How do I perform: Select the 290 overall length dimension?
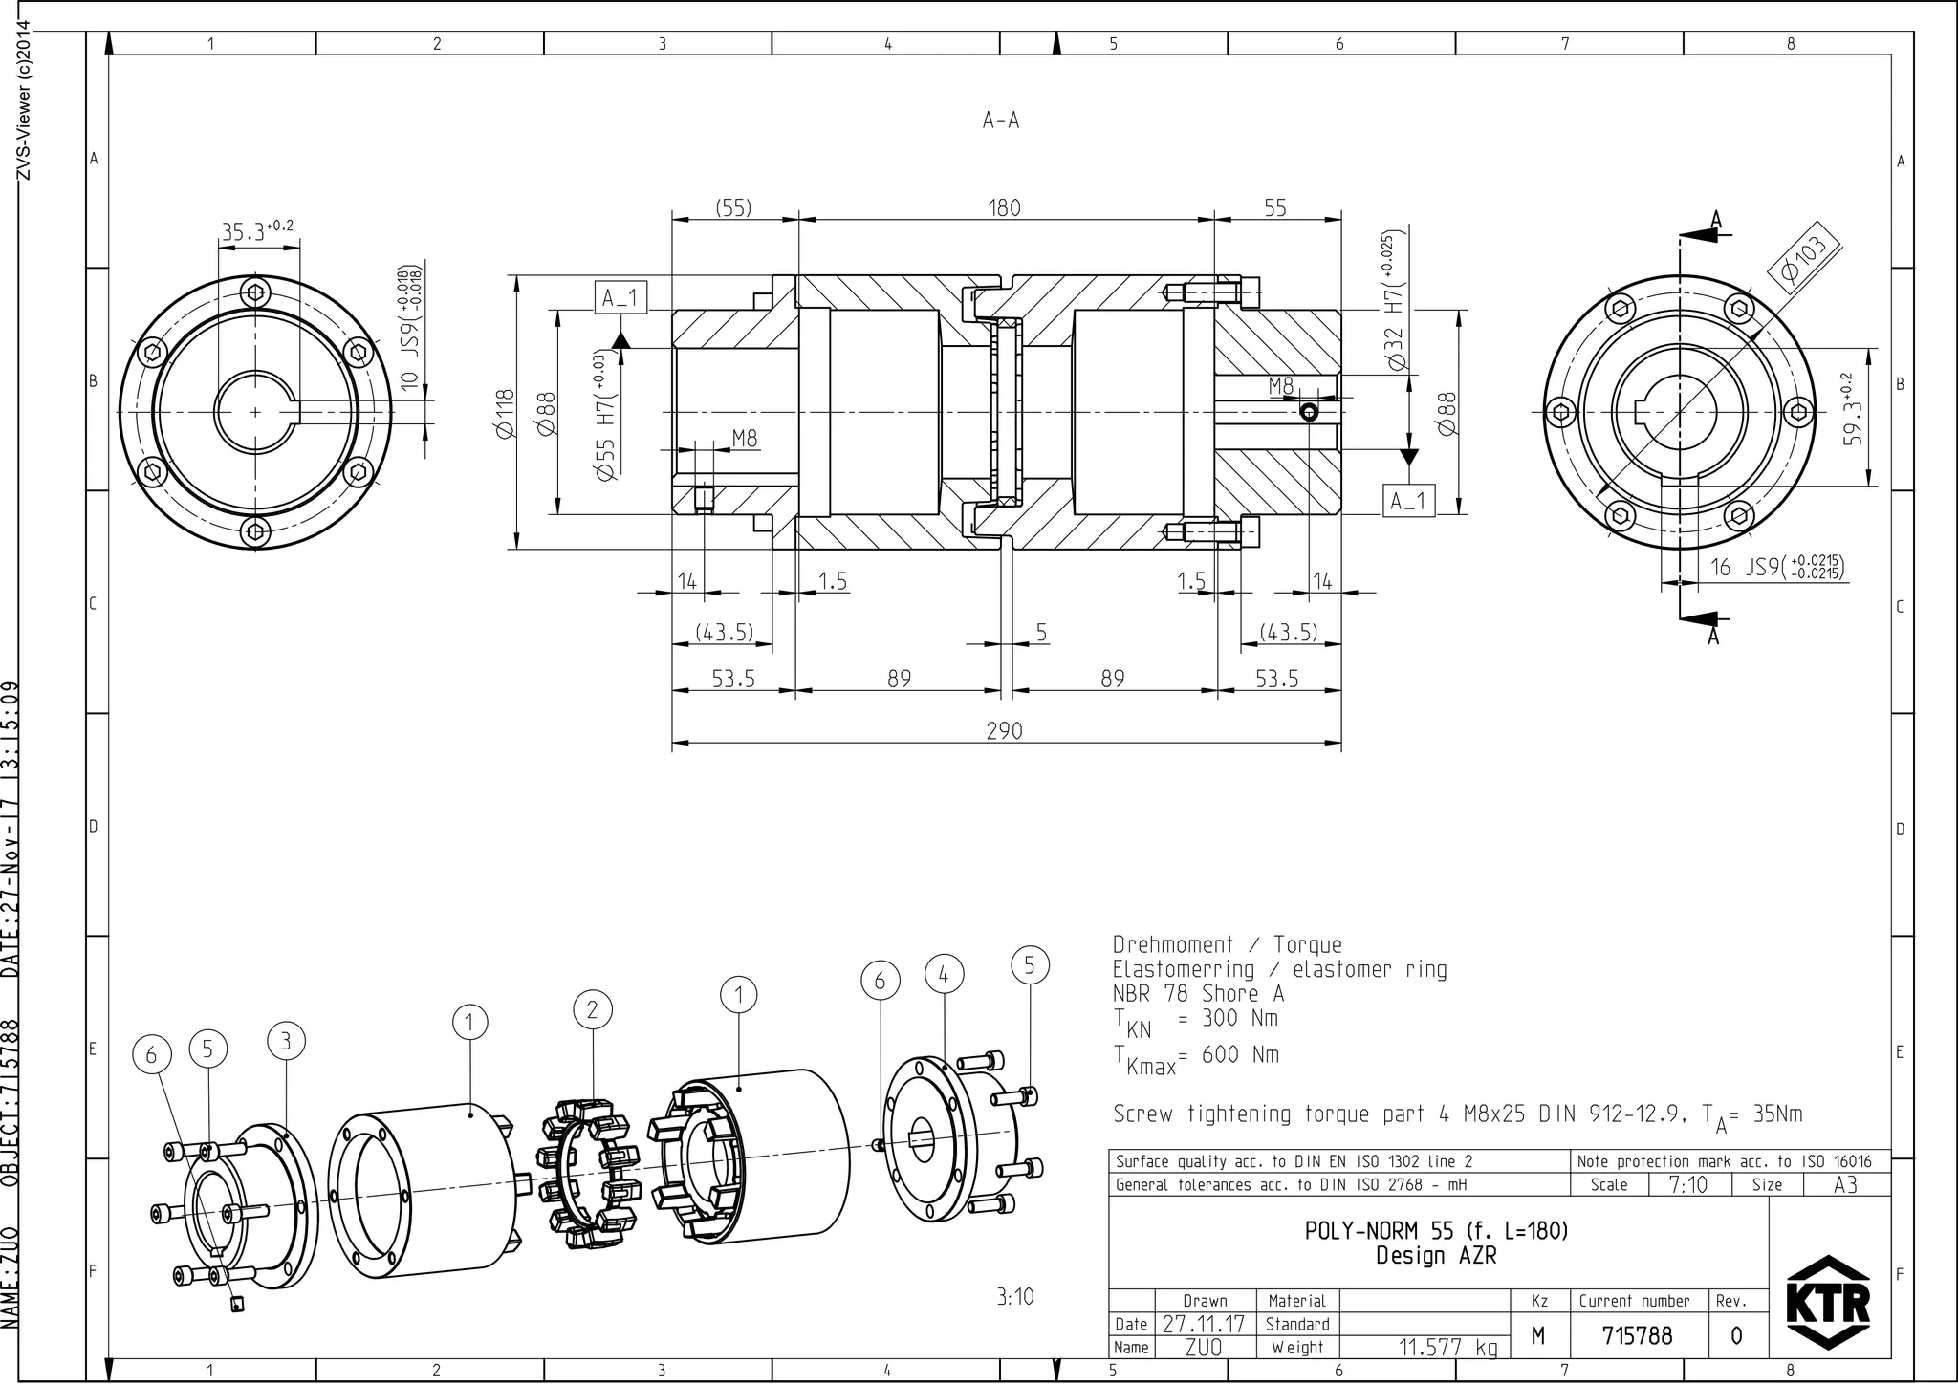(1004, 731)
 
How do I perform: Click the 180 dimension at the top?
(1004, 208)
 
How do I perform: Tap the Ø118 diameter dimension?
(506, 413)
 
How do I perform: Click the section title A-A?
(1001, 120)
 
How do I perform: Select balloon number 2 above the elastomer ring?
(593, 1010)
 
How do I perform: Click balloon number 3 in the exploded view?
(286, 1042)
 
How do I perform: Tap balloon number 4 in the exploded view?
(944, 975)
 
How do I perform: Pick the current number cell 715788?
(1638, 1335)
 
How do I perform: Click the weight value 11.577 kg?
(1447, 1348)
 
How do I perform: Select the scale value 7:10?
(1687, 1185)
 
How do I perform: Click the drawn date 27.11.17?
(1204, 1325)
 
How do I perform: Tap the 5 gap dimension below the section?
(1041, 633)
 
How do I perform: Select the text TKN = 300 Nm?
(1195, 1021)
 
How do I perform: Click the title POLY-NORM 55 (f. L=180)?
(1436, 1231)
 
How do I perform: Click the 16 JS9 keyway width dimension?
(1776, 568)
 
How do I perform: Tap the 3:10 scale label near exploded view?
(1014, 1297)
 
